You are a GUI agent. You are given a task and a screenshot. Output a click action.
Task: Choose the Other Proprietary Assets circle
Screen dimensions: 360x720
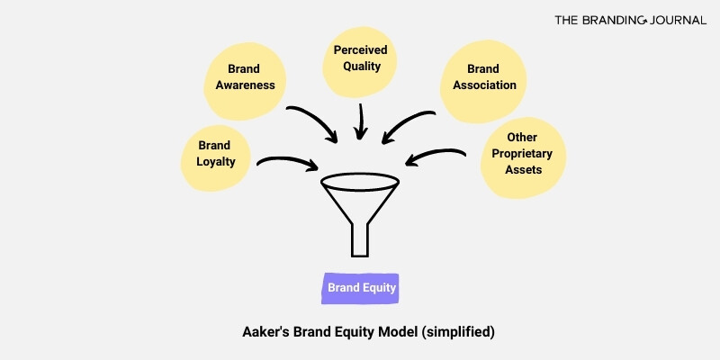pos(521,154)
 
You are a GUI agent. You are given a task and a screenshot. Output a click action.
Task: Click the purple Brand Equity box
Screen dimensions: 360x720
pos(361,289)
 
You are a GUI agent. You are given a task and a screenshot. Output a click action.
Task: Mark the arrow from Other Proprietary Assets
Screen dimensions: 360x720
pos(436,158)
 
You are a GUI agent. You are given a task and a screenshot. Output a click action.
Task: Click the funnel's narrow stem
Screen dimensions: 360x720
pos(360,238)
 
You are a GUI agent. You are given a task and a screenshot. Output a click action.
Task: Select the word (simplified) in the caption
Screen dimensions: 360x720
pos(458,331)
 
